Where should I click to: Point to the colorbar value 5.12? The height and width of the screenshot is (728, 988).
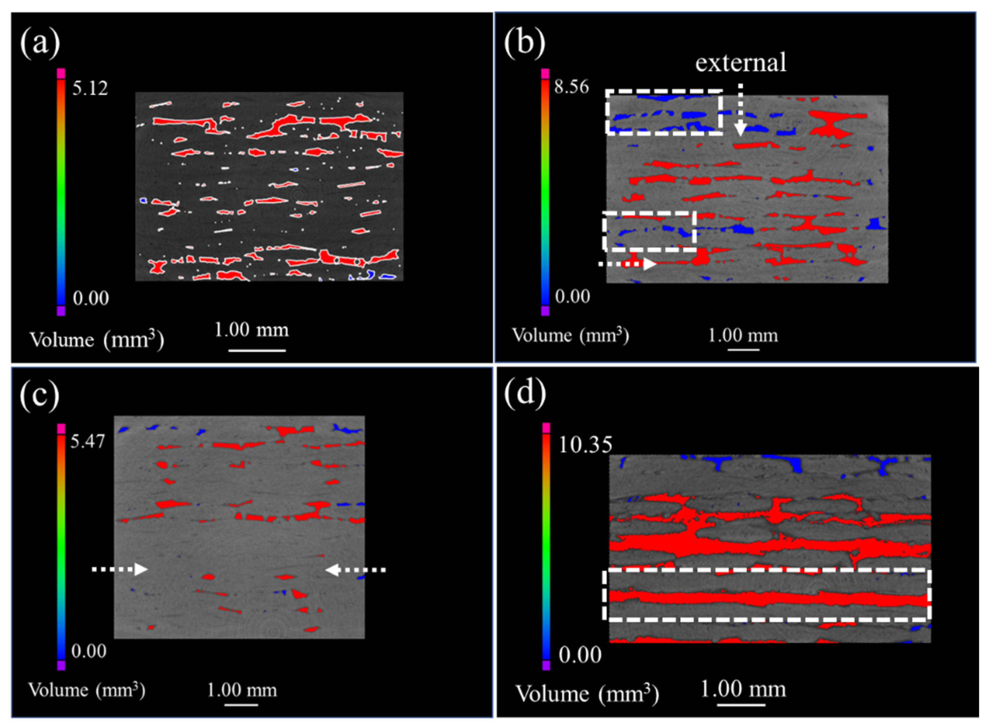click(x=90, y=88)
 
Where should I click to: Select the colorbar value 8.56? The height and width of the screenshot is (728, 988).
click(x=572, y=87)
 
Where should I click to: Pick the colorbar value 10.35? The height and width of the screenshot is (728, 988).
click(x=585, y=445)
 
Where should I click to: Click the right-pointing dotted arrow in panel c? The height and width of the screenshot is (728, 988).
click(x=119, y=569)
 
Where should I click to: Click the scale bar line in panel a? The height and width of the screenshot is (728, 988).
click(x=257, y=350)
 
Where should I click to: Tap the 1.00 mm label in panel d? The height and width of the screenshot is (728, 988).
click(x=743, y=689)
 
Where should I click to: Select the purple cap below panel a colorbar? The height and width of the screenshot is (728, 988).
click(x=61, y=311)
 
